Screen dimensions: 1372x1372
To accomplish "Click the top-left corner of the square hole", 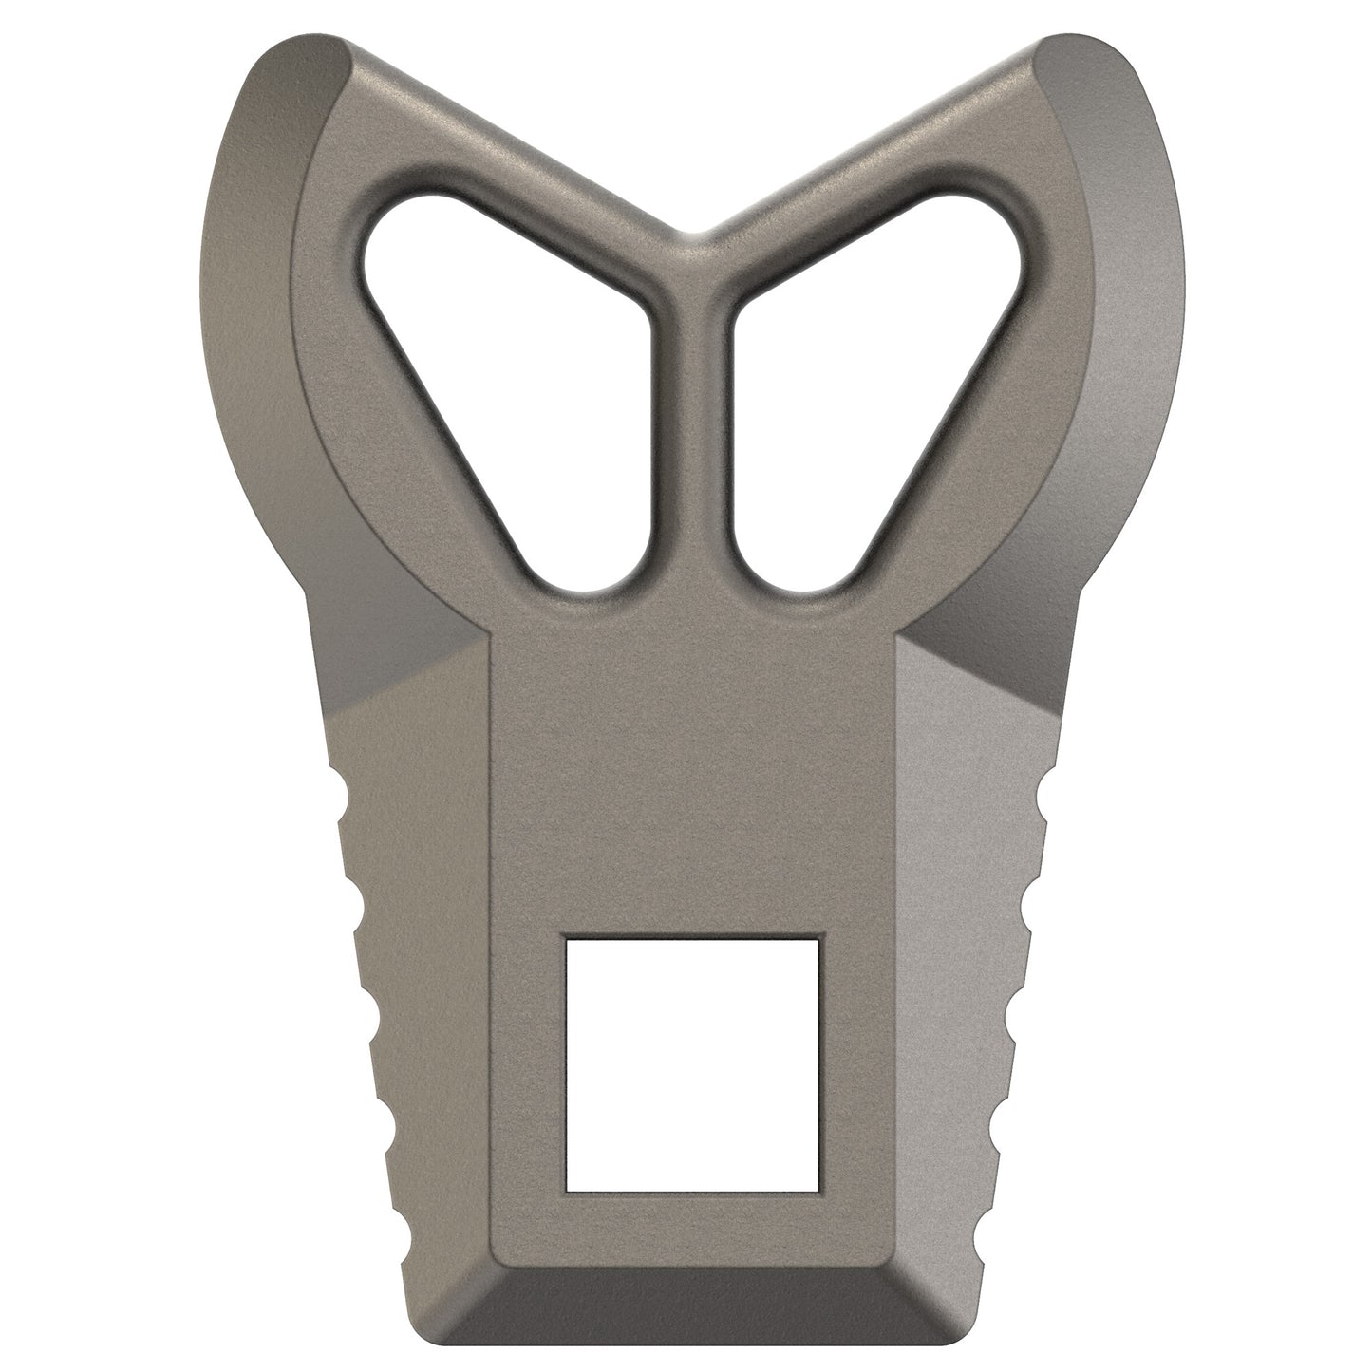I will point(567,939).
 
